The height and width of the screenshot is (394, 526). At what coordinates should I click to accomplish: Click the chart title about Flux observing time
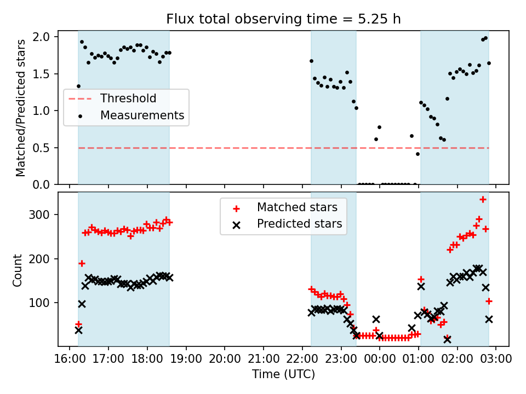[283, 19]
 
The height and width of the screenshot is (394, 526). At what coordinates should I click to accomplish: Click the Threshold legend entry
[128, 99]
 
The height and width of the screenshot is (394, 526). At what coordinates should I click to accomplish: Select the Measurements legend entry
[141, 115]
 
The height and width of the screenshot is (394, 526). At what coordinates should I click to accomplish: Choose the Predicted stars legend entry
[299, 224]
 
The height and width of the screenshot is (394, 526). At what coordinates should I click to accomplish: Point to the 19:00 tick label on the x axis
[186, 359]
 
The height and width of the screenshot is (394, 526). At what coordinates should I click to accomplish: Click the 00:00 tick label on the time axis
[380, 359]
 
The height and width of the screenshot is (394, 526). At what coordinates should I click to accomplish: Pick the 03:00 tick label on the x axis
[496, 359]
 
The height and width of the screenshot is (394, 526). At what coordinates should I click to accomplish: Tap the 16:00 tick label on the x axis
[69, 359]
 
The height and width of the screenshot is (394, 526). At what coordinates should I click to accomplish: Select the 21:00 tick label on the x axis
[263, 359]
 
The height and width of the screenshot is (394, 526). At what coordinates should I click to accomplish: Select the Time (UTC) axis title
[283, 375]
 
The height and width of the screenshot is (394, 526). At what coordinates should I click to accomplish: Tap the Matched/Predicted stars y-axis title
[21, 108]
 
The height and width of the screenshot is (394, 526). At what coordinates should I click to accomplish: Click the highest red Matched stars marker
[483, 200]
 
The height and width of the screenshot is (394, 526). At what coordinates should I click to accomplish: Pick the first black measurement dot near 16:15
[78, 86]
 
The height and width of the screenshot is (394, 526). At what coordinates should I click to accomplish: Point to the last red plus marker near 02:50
[489, 301]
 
